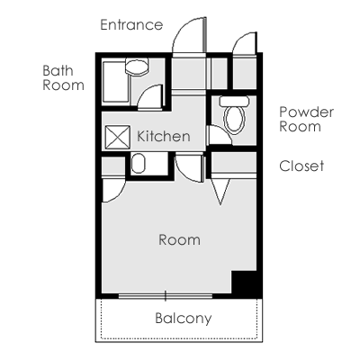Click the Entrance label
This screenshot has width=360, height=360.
point(131,25)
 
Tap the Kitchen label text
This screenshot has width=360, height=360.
point(164,137)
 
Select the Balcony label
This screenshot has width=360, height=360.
point(184,319)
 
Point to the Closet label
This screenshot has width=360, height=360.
point(301,166)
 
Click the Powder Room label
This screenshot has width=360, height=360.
point(306,119)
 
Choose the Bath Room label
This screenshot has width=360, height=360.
point(63,78)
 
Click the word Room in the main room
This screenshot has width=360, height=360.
point(179,240)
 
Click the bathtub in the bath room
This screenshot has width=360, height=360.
point(115,82)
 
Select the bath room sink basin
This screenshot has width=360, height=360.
point(137,67)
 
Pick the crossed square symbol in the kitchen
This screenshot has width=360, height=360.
point(118,138)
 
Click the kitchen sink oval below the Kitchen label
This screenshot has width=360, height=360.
point(139,164)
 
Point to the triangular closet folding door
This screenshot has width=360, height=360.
point(220,192)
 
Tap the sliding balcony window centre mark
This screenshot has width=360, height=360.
point(166,296)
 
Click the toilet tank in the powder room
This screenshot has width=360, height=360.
point(235,101)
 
